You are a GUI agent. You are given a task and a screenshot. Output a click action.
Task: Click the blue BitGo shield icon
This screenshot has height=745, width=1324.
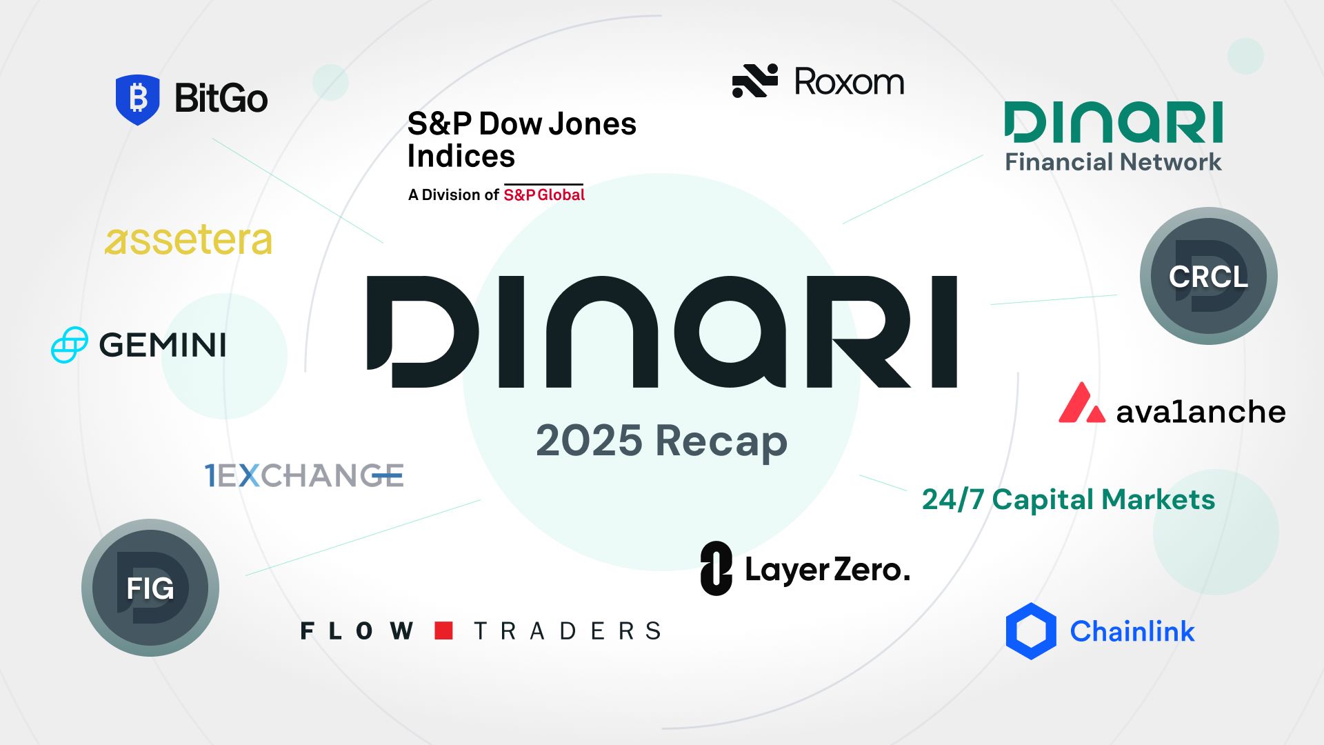coord(138,99)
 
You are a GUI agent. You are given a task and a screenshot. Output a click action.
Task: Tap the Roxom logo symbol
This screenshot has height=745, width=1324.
coord(755,81)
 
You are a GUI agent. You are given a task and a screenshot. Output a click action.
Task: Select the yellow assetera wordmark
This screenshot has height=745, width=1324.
coord(188,240)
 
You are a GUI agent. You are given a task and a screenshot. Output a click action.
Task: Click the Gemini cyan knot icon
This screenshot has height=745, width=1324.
coord(70,344)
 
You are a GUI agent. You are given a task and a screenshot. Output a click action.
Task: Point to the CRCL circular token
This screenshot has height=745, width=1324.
coord(1208,276)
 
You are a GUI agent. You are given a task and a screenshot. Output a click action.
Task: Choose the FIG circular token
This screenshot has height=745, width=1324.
coord(150,588)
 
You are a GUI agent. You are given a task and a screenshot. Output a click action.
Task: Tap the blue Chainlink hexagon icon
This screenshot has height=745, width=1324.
coord(1031,631)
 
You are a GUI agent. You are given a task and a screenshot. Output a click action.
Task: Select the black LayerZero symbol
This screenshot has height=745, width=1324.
coord(716,568)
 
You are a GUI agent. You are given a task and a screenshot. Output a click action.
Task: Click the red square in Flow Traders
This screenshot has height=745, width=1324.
coord(443,630)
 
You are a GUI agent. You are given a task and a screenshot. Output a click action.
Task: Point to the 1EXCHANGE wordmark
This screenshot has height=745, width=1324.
coord(304,475)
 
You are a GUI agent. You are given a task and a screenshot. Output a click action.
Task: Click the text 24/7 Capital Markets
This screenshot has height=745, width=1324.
coord(1068,499)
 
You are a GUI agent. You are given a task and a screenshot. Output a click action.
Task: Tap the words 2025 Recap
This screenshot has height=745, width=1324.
coord(662,441)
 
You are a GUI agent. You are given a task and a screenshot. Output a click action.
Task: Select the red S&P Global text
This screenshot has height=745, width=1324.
coord(544,195)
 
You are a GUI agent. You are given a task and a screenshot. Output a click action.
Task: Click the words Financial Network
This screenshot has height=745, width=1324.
coord(1113,162)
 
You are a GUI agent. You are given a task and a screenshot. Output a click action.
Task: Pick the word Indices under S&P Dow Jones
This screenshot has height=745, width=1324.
coord(461,156)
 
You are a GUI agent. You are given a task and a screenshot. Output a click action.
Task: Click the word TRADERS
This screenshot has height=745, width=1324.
coord(568,630)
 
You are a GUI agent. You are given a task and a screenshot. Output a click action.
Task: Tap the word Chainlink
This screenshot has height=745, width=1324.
coord(1132,631)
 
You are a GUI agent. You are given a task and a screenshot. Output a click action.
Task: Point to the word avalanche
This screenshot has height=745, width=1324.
coord(1201,412)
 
